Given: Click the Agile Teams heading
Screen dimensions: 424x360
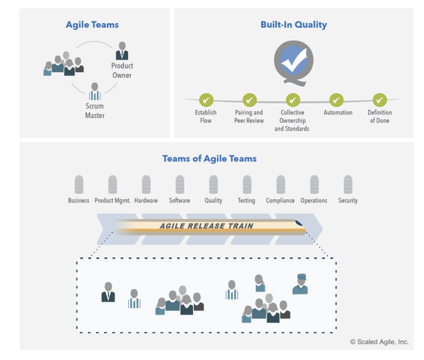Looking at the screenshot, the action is (x=92, y=25).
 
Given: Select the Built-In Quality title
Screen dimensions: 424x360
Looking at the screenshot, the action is (x=294, y=25).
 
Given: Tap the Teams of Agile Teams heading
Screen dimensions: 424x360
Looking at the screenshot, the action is (x=209, y=158).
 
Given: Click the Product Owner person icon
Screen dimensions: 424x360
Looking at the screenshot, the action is (x=122, y=51).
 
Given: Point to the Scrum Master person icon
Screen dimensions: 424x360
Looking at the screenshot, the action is (x=95, y=91).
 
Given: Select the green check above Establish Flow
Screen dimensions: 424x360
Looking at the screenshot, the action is (x=206, y=100).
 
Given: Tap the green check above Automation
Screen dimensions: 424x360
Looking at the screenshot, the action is (x=336, y=100).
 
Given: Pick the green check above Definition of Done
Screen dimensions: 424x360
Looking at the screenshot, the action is (x=380, y=100).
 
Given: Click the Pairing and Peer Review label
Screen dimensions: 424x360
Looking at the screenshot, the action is (x=249, y=116).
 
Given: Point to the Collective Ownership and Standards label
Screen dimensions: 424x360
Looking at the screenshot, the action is (x=292, y=121).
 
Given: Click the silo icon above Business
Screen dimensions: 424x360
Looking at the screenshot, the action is (x=79, y=185).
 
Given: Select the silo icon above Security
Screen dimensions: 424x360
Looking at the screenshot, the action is (x=348, y=185).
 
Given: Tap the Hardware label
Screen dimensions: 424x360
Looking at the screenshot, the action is (x=146, y=200).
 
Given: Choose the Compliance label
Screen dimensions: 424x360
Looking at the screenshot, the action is (x=280, y=200).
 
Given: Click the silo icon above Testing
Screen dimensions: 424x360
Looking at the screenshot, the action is (x=247, y=185).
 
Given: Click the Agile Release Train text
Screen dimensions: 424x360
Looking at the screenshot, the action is (x=206, y=226).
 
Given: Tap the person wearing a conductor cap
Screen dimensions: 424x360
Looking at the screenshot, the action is (x=300, y=284).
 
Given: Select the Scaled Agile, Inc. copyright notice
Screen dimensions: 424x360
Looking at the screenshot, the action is (x=380, y=342).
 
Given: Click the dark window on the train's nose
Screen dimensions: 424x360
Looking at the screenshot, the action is (x=298, y=223).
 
